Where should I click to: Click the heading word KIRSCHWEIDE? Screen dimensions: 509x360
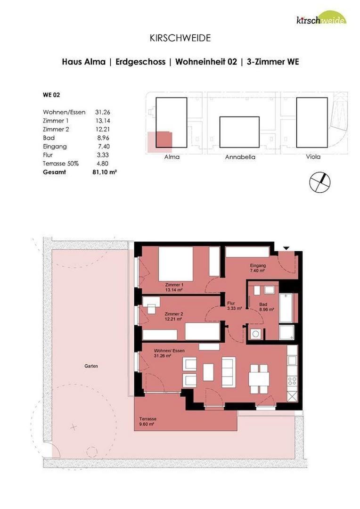click(180, 38)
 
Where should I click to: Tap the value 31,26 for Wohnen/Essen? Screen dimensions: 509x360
click(103, 112)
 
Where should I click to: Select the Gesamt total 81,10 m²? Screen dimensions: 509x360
click(105, 172)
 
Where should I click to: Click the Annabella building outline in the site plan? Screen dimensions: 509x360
click(239, 132)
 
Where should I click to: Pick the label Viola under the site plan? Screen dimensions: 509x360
click(312, 156)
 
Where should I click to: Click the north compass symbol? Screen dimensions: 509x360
click(320, 182)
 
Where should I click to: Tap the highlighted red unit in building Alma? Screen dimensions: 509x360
click(161, 140)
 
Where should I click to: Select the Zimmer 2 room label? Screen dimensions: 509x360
click(174, 316)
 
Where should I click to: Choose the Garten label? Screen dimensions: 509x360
click(91, 366)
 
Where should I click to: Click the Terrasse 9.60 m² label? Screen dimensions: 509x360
click(147, 421)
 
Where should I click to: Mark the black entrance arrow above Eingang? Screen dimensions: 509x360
click(286, 248)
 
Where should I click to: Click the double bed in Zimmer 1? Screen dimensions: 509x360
click(175, 263)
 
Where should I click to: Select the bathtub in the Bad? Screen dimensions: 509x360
click(286, 309)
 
